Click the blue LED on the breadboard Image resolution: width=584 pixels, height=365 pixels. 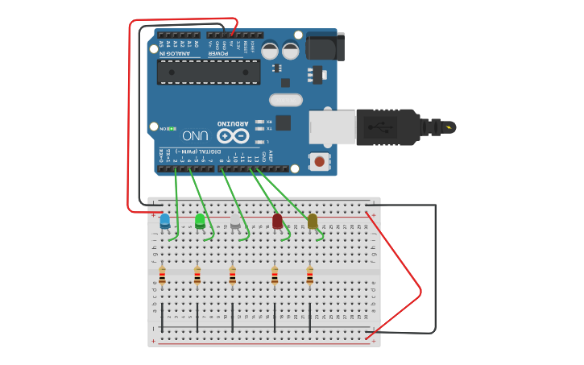pyautogui.click(x=165, y=221)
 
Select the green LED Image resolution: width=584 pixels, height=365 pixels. pyautogui.click(x=200, y=221)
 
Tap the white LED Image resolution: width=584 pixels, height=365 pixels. pyautogui.click(x=235, y=221)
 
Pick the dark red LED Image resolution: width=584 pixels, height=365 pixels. pyautogui.click(x=277, y=221)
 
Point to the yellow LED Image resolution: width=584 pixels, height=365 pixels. pyautogui.click(x=313, y=221)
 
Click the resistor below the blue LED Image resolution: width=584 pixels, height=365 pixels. pyautogui.click(x=162, y=276)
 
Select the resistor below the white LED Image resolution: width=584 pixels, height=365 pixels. pyautogui.click(x=233, y=276)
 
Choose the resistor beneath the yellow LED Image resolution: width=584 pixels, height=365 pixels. pyautogui.click(x=310, y=276)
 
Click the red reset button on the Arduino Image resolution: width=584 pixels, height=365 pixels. pyautogui.click(x=320, y=162)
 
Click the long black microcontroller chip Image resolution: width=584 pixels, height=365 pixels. pyautogui.click(x=209, y=72)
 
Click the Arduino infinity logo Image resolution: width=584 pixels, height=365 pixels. pyautogui.click(x=233, y=135)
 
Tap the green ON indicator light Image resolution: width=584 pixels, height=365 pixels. pyautogui.click(x=172, y=128)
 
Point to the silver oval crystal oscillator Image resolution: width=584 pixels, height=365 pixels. pyautogui.click(x=286, y=101)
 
